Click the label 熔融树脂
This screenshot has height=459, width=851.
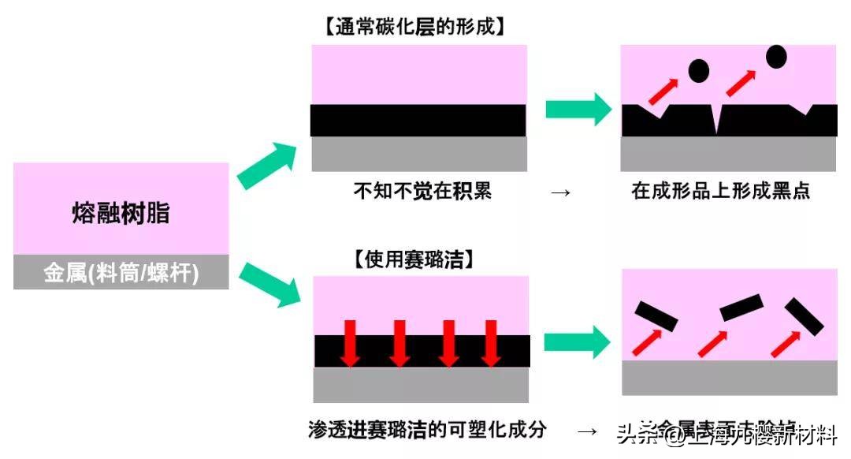click(x=121, y=214)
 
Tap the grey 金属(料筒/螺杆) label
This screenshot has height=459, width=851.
click(x=121, y=272)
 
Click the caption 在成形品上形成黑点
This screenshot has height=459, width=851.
click(x=719, y=191)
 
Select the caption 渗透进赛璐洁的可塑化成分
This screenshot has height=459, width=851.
click(x=427, y=430)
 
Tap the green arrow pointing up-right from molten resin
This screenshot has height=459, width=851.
click(x=269, y=165)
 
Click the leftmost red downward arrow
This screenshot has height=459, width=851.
click(x=351, y=342)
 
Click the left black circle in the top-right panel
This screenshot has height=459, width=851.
click(x=698, y=71)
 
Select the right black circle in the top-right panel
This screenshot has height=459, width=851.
click(x=775, y=56)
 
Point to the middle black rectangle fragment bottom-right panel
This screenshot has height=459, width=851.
click(x=741, y=307)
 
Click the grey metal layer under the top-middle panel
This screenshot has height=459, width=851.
click(x=418, y=154)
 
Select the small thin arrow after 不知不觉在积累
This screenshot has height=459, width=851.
click(x=560, y=192)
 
